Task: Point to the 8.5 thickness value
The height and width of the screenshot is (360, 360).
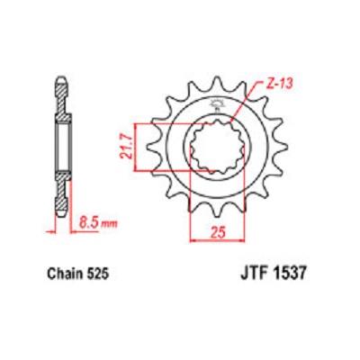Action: pyautogui.click(x=89, y=223)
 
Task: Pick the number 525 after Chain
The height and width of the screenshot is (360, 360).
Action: pyautogui.click(x=98, y=274)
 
